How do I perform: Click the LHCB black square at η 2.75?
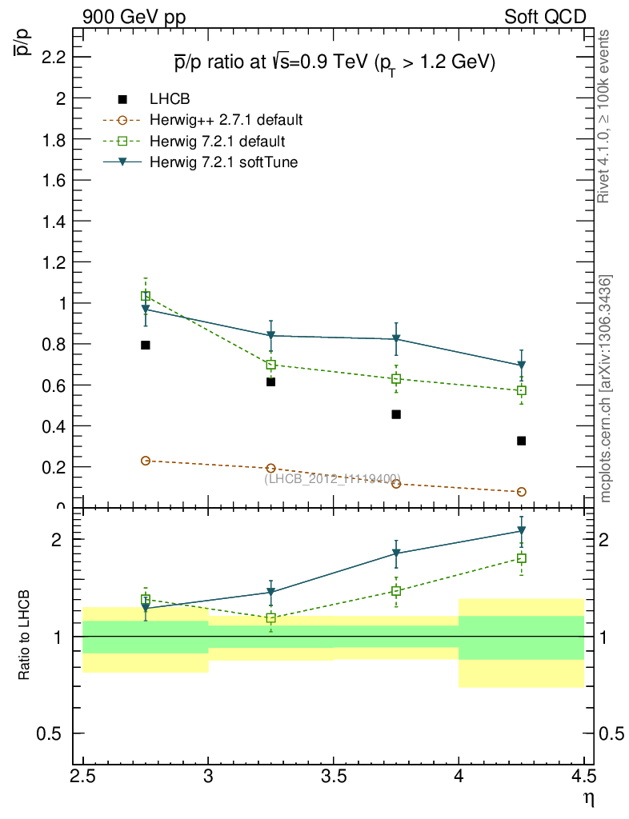pyautogui.click(x=146, y=345)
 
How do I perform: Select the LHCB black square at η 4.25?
pyautogui.click(x=522, y=441)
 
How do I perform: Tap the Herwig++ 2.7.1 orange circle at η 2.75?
pyautogui.click(x=146, y=461)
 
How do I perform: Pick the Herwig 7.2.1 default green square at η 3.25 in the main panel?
pyautogui.click(x=270, y=365)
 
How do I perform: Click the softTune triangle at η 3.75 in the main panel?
pyautogui.click(x=396, y=339)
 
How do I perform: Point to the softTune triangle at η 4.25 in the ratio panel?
pyautogui.click(x=522, y=530)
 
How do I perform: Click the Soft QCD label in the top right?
pyautogui.click(x=546, y=17)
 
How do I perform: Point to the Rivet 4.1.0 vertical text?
pyautogui.click(x=605, y=117)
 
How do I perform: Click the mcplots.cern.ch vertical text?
pyautogui.click(x=605, y=389)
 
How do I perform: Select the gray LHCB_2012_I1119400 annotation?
pyautogui.click(x=332, y=478)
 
